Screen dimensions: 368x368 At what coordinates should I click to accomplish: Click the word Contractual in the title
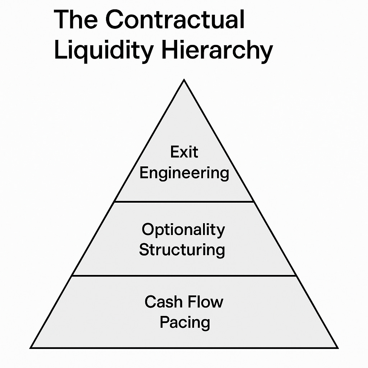point(175,20)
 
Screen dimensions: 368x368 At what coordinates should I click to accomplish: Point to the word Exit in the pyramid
point(184,152)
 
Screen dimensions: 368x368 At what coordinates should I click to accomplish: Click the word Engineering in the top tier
point(184,173)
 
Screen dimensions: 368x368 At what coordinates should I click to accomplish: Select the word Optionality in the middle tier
point(183,230)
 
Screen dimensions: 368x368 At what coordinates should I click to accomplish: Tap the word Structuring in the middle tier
point(182,250)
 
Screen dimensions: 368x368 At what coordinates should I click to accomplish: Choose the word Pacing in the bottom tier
point(185,322)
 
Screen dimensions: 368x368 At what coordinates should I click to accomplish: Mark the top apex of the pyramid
point(184,80)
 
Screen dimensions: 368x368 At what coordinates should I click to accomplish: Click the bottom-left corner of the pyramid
point(31,348)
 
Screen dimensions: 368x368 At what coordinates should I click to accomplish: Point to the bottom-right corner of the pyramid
point(337,348)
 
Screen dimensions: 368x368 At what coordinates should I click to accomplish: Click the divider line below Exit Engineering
point(184,202)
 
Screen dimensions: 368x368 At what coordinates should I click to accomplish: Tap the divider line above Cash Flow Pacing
point(184,276)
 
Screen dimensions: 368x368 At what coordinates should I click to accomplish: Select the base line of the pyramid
point(184,348)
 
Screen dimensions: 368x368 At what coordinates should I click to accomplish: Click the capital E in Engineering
point(144,173)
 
